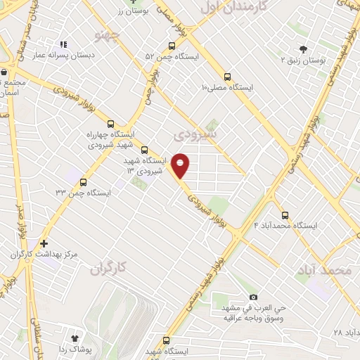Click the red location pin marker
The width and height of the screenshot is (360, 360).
181,165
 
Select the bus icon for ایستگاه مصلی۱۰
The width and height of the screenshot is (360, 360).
227,77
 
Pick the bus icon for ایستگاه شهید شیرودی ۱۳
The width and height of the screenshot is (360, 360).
144,150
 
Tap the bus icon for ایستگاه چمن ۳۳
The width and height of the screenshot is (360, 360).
83,181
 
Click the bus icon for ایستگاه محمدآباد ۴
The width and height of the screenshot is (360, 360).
285,215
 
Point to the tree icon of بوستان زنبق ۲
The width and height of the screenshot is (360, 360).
302,49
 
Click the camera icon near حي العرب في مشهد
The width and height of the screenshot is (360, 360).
253,297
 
